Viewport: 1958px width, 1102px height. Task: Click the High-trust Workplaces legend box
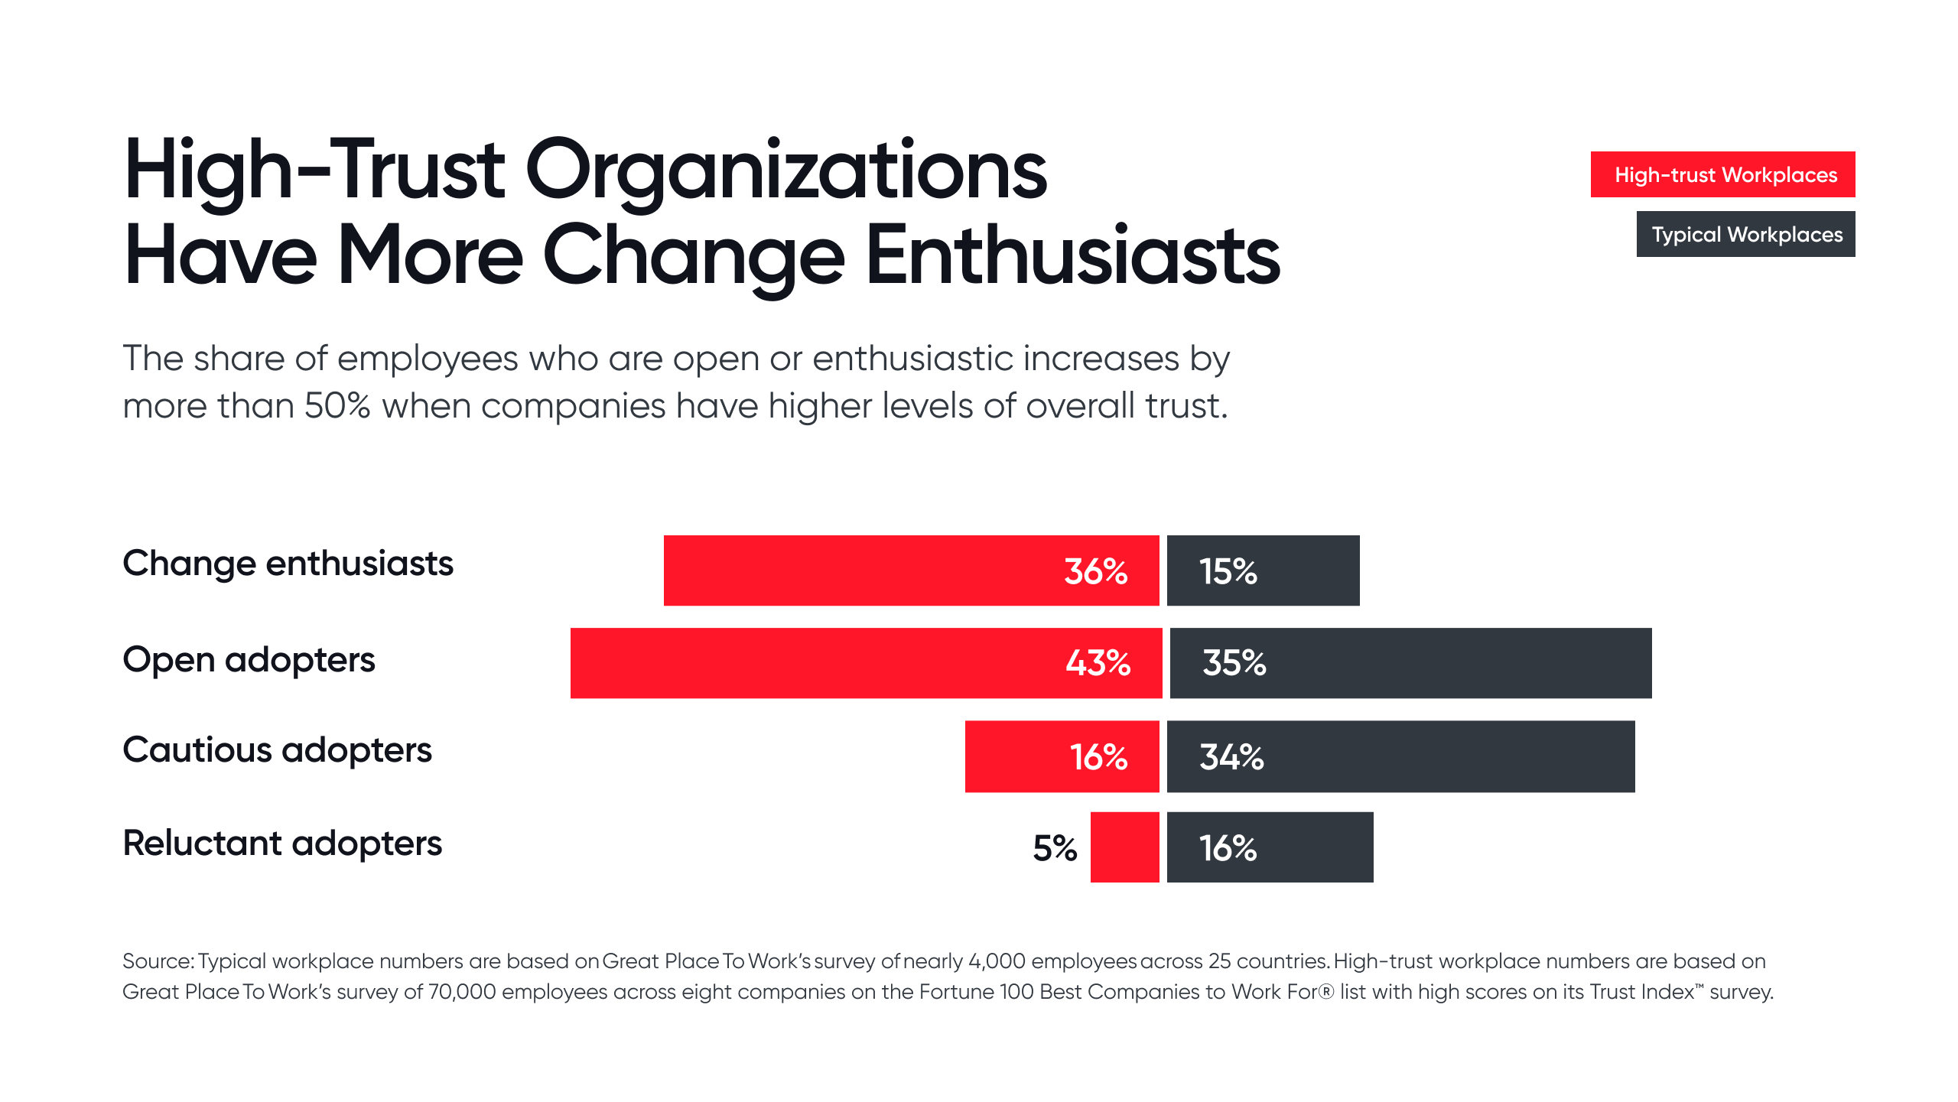pyautogui.click(x=1722, y=174)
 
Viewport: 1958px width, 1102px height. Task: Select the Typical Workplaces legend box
pyautogui.click(x=1745, y=234)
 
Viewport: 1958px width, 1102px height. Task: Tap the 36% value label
pyautogui.click(x=1095, y=571)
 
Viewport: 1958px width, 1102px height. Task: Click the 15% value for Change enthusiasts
pyautogui.click(x=1228, y=571)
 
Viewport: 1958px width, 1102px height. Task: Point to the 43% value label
pyautogui.click(x=1098, y=663)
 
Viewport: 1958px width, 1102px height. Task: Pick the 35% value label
pyautogui.click(x=1234, y=663)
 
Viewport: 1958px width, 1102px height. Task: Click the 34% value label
pyautogui.click(x=1231, y=757)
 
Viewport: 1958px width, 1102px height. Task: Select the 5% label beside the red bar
pyautogui.click(x=1054, y=848)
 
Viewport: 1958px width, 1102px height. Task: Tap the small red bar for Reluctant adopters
pyautogui.click(x=1124, y=847)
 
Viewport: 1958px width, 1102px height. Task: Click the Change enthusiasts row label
pyautogui.click(x=288, y=564)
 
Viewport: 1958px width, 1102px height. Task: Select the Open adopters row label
pyautogui.click(x=249, y=660)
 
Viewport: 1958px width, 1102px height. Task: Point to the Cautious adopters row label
pyautogui.click(x=277, y=750)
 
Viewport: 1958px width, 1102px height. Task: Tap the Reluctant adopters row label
pyautogui.click(x=282, y=844)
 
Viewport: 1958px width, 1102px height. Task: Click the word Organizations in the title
pyautogui.click(x=785, y=172)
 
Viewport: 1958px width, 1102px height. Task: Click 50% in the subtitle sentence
pyautogui.click(x=337, y=406)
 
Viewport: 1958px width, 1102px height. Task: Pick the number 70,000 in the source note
pyautogui.click(x=461, y=992)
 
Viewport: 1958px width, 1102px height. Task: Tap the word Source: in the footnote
pyautogui.click(x=158, y=961)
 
